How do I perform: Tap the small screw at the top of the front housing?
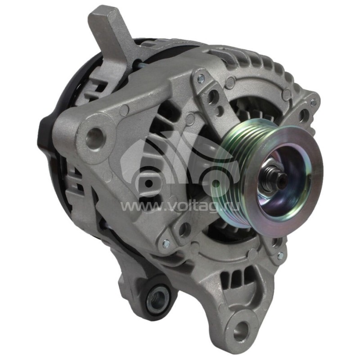point(201,78)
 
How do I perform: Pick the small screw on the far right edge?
point(314,103)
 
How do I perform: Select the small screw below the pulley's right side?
point(280,256)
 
